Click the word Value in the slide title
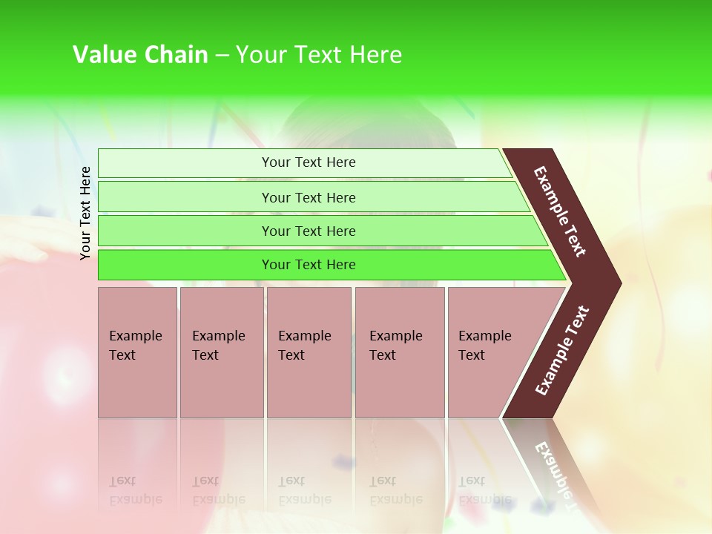pos(104,55)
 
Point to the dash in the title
pos(222,56)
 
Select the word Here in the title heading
pos(375,55)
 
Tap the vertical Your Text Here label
pos(85,213)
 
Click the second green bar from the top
pos(309,197)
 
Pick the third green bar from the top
pos(309,231)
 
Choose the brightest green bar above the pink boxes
pos(309,265)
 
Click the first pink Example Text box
pos(137,352)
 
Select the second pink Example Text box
pos(221,352)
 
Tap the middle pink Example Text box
pos(309,352)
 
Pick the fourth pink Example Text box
pos(400,352)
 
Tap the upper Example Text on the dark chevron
pos(560,211)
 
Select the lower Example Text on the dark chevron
pos(562,351)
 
